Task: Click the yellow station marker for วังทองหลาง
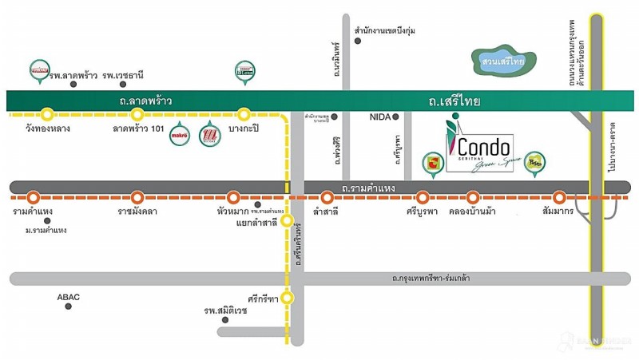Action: (48, 113)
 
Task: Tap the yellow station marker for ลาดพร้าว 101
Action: (137, 113)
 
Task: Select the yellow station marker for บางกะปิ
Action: (244, 113)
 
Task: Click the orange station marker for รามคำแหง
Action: (33, 196)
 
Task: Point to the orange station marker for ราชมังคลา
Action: (137, 196)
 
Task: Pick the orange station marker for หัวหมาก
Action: (233, 196)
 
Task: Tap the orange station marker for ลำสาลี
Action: (326, 196)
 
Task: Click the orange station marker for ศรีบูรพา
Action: (423, 196)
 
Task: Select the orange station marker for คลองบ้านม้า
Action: (473, 196)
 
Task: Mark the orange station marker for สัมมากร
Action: (559, 196)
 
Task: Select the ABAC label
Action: (69, 296)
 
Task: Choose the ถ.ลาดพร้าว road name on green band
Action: (145, 101)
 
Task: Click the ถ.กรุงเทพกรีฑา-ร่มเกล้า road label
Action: (431, 279)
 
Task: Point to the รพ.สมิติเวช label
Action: (225, 311)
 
